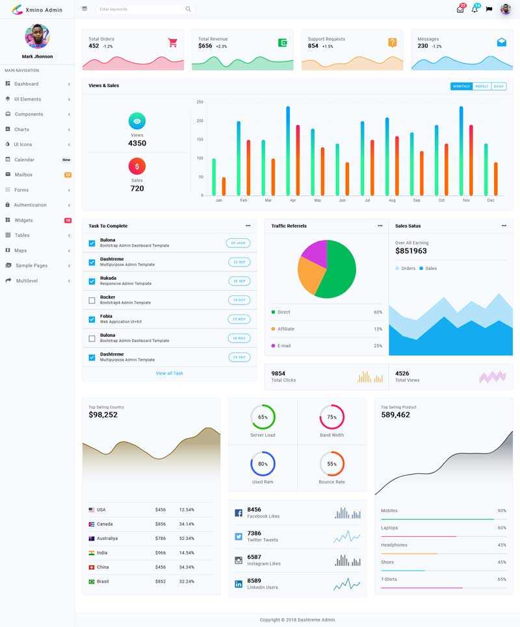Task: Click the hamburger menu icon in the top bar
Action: click(x=84, y=8)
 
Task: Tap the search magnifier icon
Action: click(x=188, y=9)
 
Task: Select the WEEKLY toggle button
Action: click(x=482, y=86)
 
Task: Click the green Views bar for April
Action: click(x=288, y=151)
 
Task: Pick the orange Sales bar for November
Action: click(x=471, y=160)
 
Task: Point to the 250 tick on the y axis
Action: click(x=200, y=102)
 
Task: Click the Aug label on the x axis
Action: click(x=392, y=201)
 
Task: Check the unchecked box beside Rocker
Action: click(x=92, y=301)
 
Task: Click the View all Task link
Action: click(x=169, y=373)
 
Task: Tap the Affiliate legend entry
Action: click(x=285, y=329)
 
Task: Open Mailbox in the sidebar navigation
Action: click(x=23, y=175)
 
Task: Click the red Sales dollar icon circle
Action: click(x=137, y=166)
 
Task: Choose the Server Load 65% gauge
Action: click(x=263, y=417)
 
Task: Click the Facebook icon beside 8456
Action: click(x=239, y=513)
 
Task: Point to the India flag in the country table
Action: click(x=92, y=553)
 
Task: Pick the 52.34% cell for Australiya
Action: click(x=187, y=538)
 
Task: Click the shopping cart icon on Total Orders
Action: click(x=172, y=43)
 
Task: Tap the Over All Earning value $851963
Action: click(x=411, y=251)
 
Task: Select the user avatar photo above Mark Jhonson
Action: click(x=37, y=36)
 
